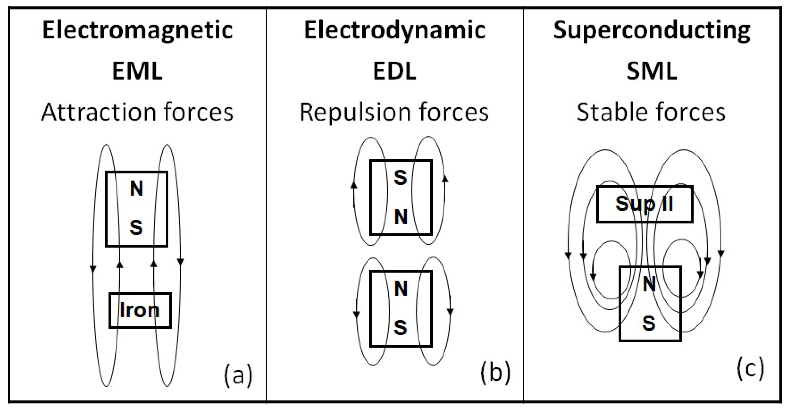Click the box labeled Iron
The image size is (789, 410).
click(140, 310)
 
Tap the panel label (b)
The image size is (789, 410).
click(495, 373)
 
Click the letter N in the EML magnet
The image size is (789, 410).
click(137, 188)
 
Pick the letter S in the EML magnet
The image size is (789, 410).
click(136, 228)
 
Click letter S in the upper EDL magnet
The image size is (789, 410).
click(401, 178)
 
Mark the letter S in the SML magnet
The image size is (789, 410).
click(649, 323)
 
